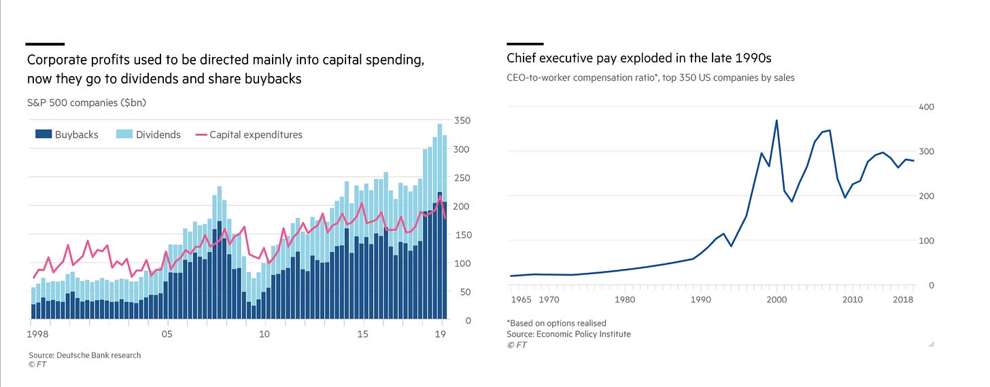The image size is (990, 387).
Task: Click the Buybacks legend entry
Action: [x=67, y=134]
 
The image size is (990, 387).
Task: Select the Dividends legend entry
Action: [x=148, y=134]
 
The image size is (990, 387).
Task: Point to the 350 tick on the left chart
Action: [x=462, y=121]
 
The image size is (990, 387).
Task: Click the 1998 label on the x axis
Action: [x=39, y=334]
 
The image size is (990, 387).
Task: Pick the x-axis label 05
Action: [x=167, y=334]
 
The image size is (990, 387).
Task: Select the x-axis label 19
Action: [x=441, y=334]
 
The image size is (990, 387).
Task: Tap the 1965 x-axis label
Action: [x=520, y=299]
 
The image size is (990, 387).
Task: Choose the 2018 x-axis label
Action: [x=903, y=299]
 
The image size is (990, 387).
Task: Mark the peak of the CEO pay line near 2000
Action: [x=776, y=121]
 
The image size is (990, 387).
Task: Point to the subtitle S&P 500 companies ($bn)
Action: [x=86, y=103]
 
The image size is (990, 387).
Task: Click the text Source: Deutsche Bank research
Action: [x=84, y=355]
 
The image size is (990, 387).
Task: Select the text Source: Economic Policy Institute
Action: [x=568, y=334]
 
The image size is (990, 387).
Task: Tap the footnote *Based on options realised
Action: [x=556, y=323]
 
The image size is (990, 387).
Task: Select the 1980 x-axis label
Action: [x=625, y=299]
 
